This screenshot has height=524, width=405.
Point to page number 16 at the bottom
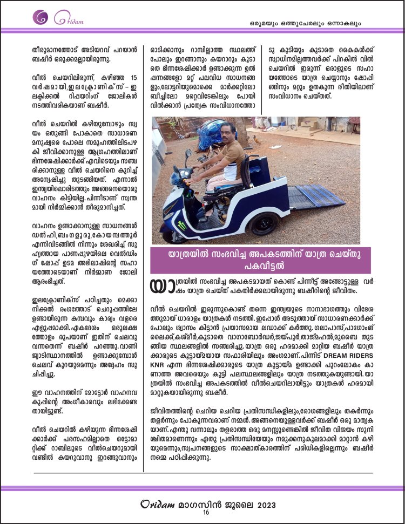[x=206, y=513]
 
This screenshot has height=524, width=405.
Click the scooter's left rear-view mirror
[x=188, y=153]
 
